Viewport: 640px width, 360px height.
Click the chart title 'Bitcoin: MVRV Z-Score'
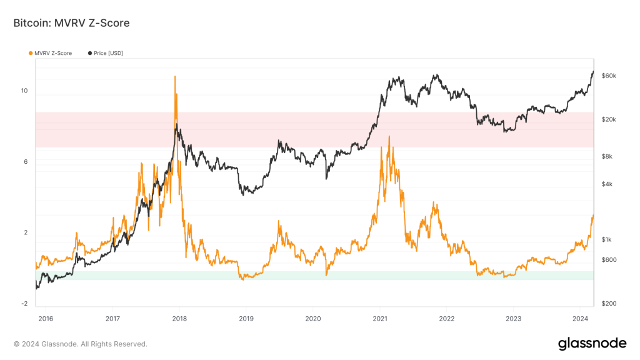tap(71, 23)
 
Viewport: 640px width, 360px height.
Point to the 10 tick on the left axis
tap(24, 91)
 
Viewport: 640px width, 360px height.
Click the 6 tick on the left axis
tap(26, 162)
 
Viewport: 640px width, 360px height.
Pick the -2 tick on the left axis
tap(24, 304)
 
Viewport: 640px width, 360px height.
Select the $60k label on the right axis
tap(609, 76)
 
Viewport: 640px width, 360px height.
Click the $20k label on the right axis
tap(609, 119)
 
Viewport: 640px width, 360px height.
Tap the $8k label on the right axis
tap(607, 157)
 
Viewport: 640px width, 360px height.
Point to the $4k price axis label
tap(607, 184)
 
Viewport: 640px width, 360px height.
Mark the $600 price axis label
tap(609, 260)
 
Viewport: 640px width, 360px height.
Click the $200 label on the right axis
tap(609, 304)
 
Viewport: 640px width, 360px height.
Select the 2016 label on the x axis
tap(46, 317)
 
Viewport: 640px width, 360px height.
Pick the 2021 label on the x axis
tap(379, 317)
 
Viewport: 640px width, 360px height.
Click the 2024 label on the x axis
tap(580, 317)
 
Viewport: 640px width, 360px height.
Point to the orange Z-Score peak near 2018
tap(174, 76)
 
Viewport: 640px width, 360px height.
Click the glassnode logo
tap(591, 343)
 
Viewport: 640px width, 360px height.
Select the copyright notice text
tap(80, 344)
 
